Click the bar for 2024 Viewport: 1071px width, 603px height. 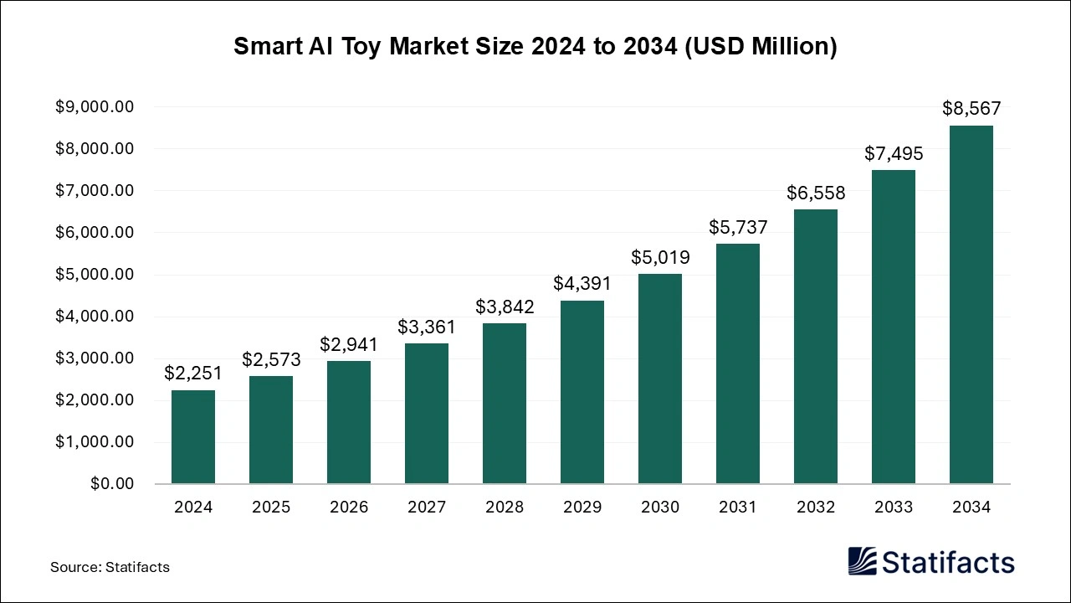[x=193, y=436]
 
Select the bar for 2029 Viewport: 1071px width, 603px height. [x=582, y=392]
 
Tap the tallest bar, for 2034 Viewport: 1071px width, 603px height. [x=971, y=305]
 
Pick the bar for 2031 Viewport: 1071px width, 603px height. [x=738, y=363]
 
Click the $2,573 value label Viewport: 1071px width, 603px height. [x=271, y=360]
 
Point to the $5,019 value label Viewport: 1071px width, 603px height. [x=660, y=257]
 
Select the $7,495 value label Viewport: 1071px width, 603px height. [x=894, y=154]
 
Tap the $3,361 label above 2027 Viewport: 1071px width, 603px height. [x=427, y=327]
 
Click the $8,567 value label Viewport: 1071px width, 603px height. [x=971, y=108]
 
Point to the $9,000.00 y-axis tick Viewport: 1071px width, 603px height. [x=95, y=107]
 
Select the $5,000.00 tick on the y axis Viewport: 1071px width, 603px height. [x=95, y=275]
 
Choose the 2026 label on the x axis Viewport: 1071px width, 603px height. [x=349, y=508]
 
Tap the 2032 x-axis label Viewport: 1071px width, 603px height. [x=816, y=508]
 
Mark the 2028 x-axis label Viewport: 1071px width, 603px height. [x=505, y=508]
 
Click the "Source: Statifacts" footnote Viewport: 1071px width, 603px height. [x=110, y=567]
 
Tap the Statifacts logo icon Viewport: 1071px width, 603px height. [x=863, y=561]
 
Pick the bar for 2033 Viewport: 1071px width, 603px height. [x=894, y=327]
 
